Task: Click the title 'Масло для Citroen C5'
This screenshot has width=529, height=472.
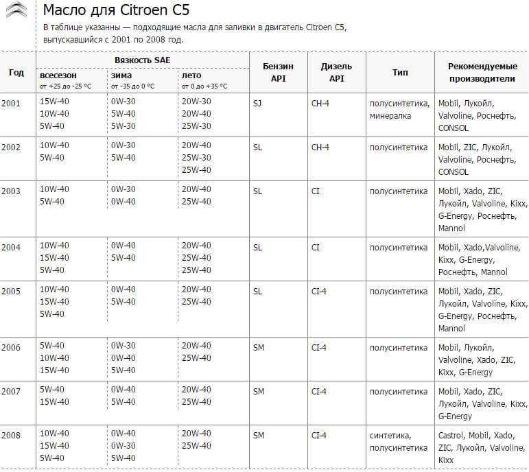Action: coord(116,12)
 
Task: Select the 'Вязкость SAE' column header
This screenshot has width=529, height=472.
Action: coord(143,60)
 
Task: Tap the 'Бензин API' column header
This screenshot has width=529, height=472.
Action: coord(278,72)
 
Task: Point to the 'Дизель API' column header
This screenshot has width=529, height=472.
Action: coord(336,72)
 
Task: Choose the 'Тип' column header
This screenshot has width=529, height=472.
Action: coord(400,72)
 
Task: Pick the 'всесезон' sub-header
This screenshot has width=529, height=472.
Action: coord(58,75)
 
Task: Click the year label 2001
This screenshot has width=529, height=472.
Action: coord(11,103)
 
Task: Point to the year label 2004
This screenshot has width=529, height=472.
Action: coord(11,247)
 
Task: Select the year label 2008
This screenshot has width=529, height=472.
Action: coord(11,435)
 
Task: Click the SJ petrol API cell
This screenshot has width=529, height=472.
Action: coord(257,103)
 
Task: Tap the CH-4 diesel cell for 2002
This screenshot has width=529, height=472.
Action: coord(320,147)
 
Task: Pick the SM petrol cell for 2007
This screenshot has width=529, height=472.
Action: coord(258,391)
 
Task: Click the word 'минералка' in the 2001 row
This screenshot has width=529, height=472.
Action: coord(390,115)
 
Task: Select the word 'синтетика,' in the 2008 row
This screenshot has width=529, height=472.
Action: coord(390,435)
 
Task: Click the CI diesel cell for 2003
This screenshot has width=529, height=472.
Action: coord(316,191)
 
